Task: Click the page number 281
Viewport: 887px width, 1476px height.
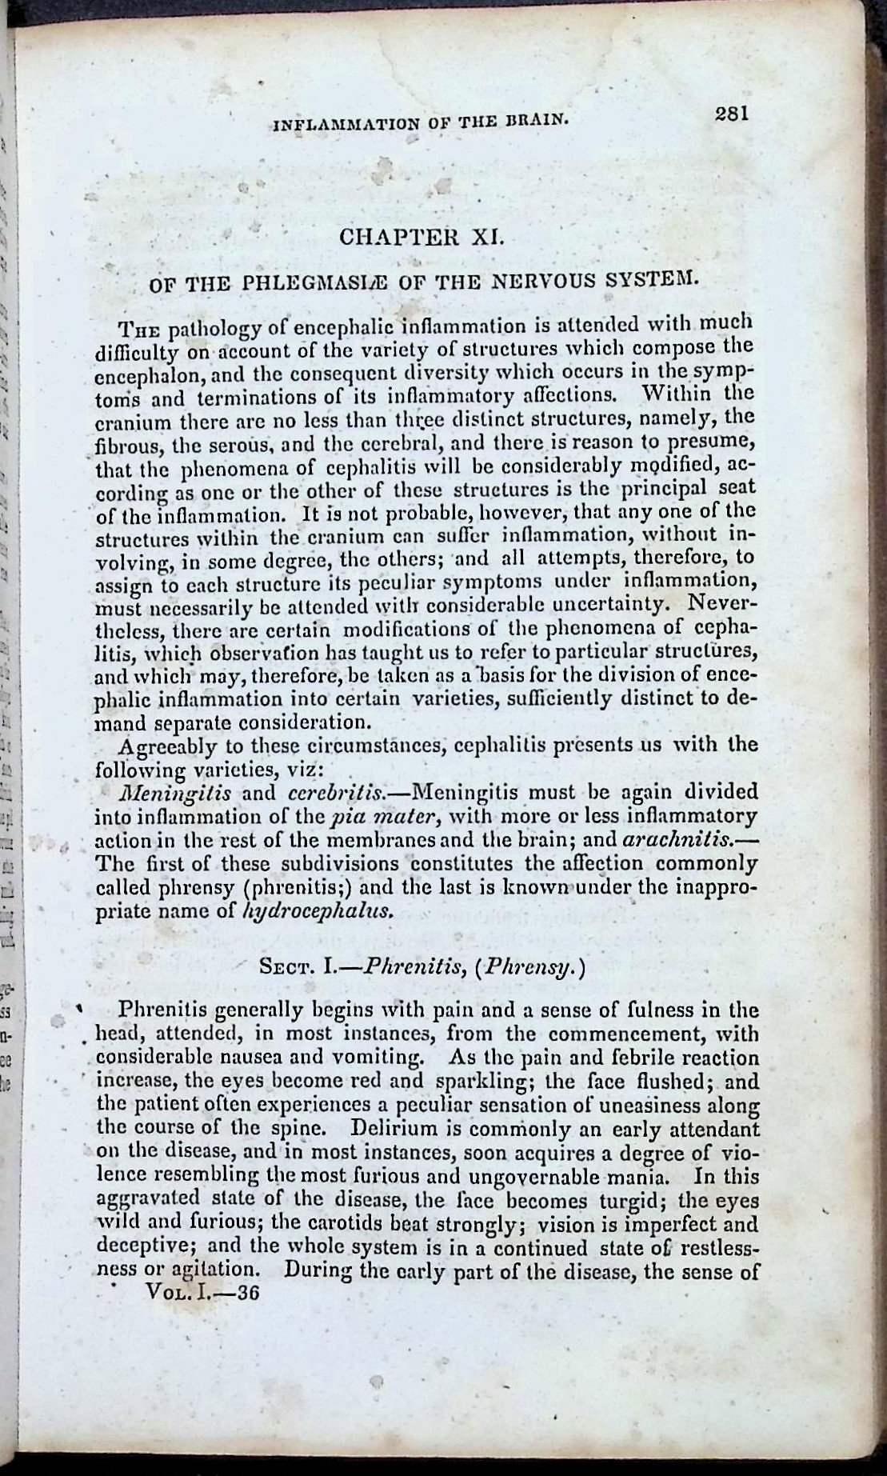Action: tap(730, 114)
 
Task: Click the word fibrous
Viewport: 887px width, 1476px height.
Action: tap(121, 443)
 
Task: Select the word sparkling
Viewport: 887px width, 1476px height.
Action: tap(478, 1082)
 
